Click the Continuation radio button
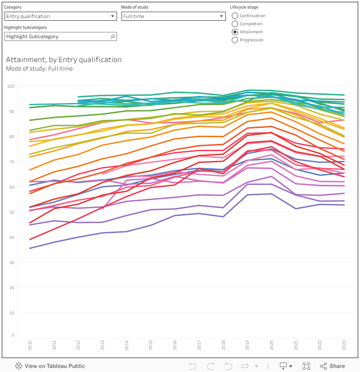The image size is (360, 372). click(235, 16)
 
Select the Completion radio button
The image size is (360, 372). click(235, 24)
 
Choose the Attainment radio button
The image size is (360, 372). click(235, 32)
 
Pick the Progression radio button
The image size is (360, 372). click(235, 40)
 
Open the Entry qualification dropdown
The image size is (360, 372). click(61, 16)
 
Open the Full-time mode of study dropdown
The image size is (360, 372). click(173, 16)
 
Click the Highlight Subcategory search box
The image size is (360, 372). click(61, 36)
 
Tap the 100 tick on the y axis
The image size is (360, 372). click(11, 86)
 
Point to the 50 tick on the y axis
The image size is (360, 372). click(11, 212)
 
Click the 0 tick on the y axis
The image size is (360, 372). click(13, 335)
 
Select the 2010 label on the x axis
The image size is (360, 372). click(30, 345)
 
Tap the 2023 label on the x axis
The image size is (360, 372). click(344, 345)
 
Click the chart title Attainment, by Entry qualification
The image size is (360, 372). click(64, 59)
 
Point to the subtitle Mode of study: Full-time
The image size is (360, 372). click(39, 69)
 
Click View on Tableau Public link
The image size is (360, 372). click(50, 366)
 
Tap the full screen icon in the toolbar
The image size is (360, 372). click(306, 366)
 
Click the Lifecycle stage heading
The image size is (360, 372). click(244, 7)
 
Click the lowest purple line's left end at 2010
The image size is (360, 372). click(30, 248)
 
